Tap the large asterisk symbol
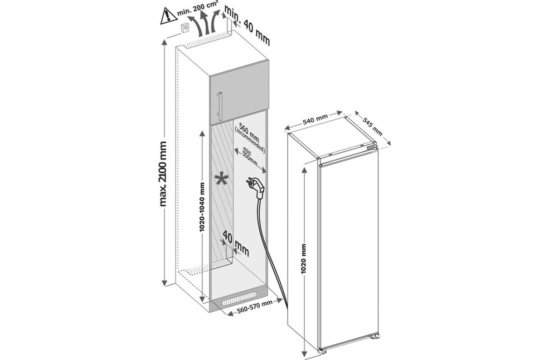[220, 178]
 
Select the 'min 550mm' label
[248, 158]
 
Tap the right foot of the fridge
[373, 339]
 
